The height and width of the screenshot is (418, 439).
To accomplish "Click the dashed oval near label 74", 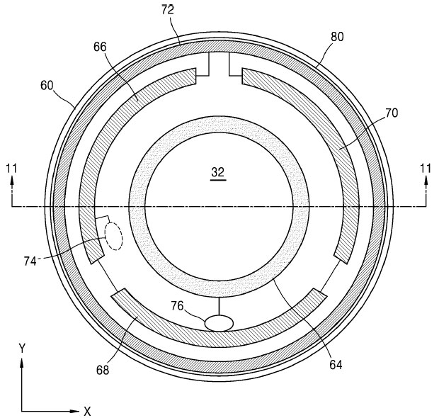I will click(x=113, y=237).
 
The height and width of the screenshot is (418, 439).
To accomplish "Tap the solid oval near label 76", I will click(x=219, y=322).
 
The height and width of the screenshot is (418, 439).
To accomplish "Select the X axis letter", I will click(x=87, y=411).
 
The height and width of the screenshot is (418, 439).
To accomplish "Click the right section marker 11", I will click(x=426, y=168).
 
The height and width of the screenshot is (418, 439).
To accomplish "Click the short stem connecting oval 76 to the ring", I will click(x=219, y=306).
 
